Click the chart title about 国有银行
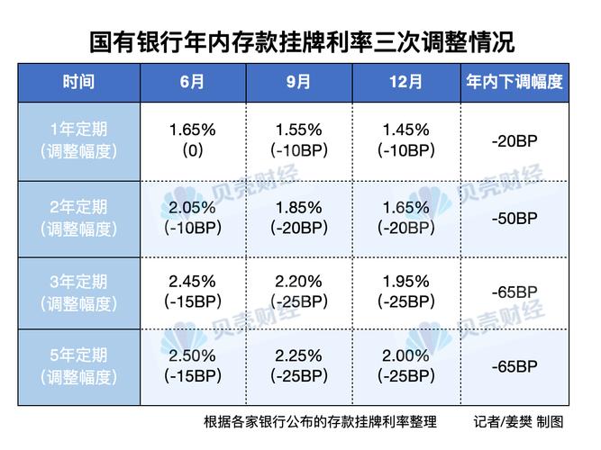click(300, 42)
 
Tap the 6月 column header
click(191, 82)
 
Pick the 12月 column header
click(405, 82)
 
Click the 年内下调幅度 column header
click(514, 82)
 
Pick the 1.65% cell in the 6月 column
click(191, 130)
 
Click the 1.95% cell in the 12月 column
click(405, 283)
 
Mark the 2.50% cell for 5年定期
click(191, 356)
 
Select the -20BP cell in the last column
click(514, 140)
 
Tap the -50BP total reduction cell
click(514, 219)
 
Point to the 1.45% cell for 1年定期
click(405, 130)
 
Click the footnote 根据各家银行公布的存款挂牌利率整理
click(320, 421)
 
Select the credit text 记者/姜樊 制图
click(518, 421)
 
